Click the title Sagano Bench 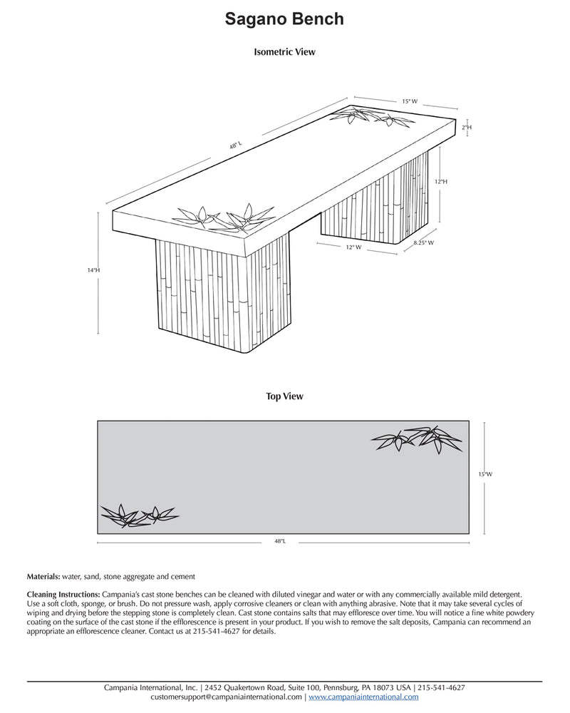coord(284,19)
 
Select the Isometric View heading coord(284,52)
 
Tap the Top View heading coord(284,396)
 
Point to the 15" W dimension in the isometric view coord(410,102)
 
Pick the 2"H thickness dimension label coord(467,127)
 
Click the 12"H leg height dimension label coord(440,182)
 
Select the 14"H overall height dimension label coord(93,271)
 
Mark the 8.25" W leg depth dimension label coord(423,243)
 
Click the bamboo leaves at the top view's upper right coord(416,438)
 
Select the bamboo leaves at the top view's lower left coord(138,514)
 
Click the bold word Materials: coord(44,576)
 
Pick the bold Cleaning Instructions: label coord(63,594)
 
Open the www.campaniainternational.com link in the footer coord(363,697)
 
